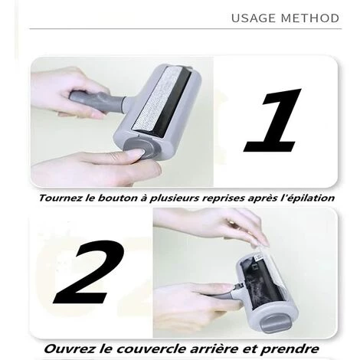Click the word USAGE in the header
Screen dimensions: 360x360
point(254,18)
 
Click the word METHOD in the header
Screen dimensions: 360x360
point(310,18)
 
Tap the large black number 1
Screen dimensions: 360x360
point(273,120)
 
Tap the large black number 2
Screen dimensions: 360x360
point(90,272)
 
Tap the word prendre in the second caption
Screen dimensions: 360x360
point(290,349)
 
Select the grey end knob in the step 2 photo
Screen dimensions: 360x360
point(273,323)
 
